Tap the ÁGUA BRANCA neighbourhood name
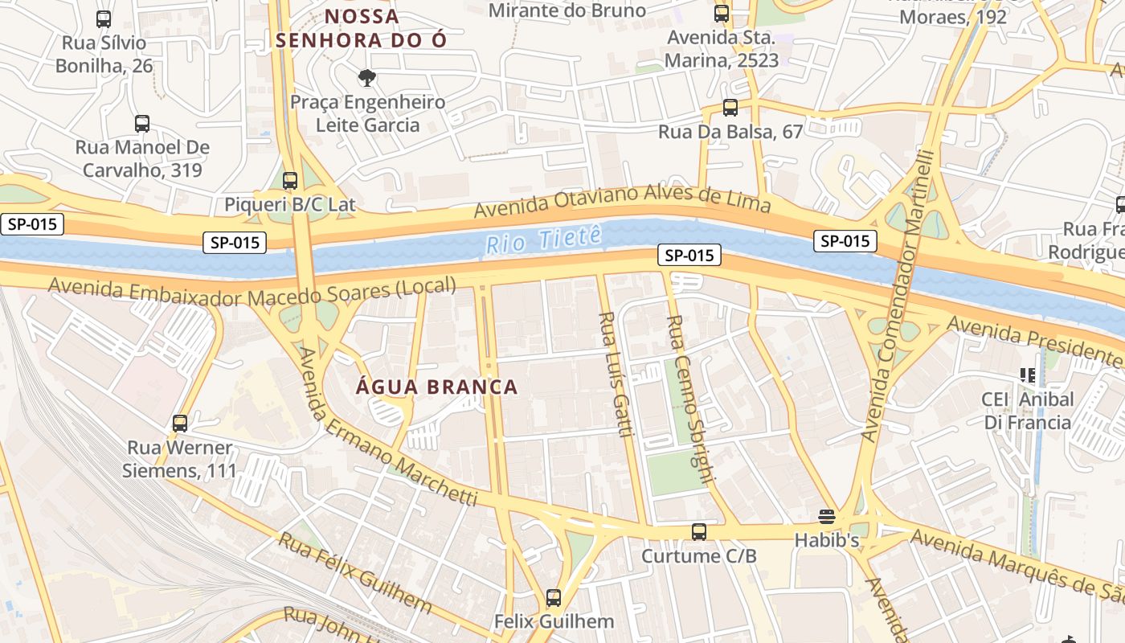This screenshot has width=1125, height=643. click(437, 387)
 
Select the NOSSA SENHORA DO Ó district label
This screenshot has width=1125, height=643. click(361, 28)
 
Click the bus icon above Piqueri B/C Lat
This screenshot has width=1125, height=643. click(290, 181)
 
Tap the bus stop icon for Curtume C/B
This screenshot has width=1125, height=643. click(699, 531)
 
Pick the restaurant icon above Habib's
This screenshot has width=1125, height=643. click(827, 516)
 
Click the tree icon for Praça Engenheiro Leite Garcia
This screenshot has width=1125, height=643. click(367, 78)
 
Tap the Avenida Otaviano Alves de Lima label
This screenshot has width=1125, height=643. click(622, 200)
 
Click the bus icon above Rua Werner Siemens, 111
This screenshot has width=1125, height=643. click(180, 423)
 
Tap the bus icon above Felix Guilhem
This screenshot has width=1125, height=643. click(553, 597)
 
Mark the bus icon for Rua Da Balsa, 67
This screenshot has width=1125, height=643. click(730, 107)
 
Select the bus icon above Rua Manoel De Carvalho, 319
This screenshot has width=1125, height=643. click(142, 124)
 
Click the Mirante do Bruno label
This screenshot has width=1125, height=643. click(567, 10)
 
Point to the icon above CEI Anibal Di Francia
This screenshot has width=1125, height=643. click(1027, 375)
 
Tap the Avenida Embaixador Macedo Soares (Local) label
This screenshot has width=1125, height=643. click(252, 292)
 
